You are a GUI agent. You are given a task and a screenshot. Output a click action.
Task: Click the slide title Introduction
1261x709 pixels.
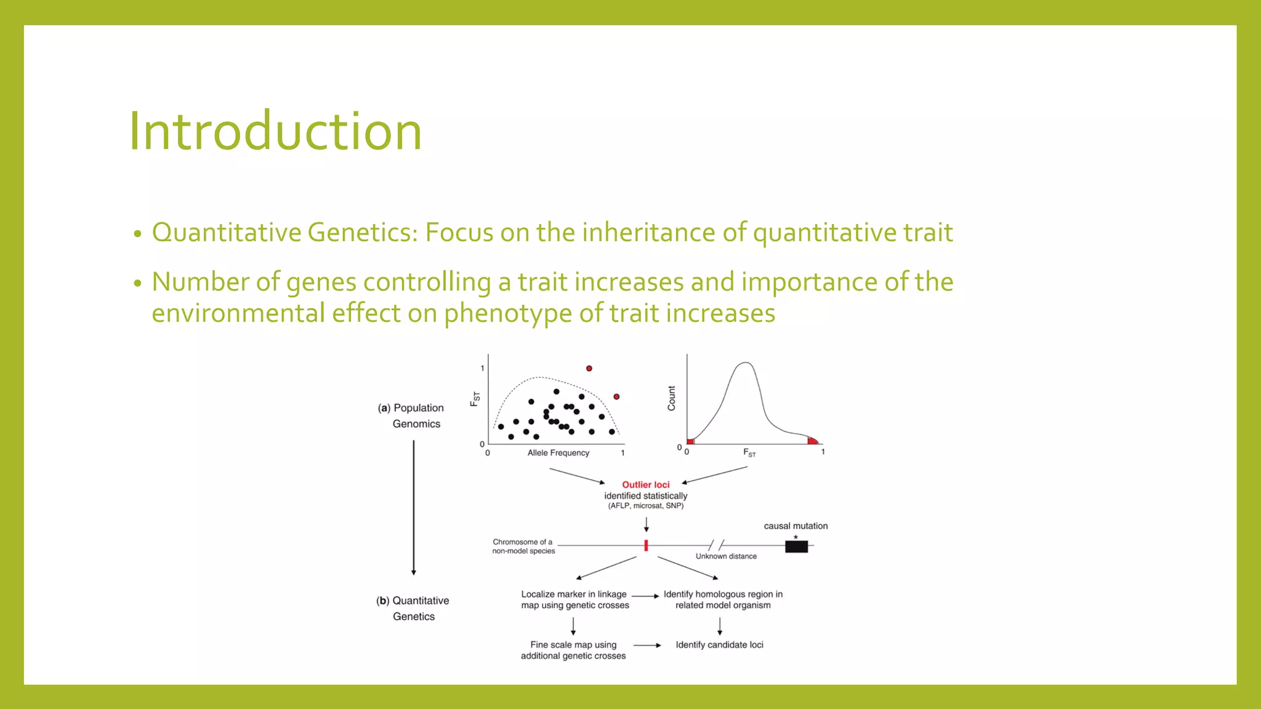tap(275, 131)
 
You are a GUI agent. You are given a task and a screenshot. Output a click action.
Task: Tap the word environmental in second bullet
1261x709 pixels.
tap(238, 313)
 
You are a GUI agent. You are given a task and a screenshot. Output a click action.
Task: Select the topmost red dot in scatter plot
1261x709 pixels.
tap(589, 368)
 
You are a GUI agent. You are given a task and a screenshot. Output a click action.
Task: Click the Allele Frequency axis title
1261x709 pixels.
tap(558, 453)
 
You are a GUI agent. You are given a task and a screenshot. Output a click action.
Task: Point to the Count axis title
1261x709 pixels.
tap(671, 398)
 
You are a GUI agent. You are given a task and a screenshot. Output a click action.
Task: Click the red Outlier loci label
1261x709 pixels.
tap(645, 485)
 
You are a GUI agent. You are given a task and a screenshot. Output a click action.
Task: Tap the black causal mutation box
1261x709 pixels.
tap(796, 547)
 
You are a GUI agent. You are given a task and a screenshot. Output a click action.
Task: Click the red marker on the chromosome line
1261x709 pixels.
tap(646, 545)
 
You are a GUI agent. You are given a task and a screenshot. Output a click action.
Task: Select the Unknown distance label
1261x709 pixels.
tap(726, 556)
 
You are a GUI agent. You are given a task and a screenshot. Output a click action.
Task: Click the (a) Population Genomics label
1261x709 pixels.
tap(411, 416)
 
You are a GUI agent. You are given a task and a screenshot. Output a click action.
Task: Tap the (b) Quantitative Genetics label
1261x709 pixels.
tap(413, 608)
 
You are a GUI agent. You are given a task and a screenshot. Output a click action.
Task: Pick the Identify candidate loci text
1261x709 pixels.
tap(719, 645)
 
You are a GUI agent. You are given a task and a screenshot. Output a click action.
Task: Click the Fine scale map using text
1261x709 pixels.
tap(573, 645)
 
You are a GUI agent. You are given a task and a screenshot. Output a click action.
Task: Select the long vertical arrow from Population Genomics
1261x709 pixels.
tap(414, 508)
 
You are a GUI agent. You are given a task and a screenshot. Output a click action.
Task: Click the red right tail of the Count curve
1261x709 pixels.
tap(813, 441)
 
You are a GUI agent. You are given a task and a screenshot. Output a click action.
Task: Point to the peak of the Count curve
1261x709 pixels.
tap(746, 363)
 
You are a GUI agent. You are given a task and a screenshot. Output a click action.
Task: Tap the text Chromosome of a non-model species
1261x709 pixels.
tap(523, 547)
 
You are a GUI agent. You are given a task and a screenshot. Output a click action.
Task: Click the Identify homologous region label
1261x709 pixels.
tap(723, 595)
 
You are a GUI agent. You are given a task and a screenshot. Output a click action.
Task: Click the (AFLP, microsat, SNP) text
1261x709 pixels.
tap(645, 506)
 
